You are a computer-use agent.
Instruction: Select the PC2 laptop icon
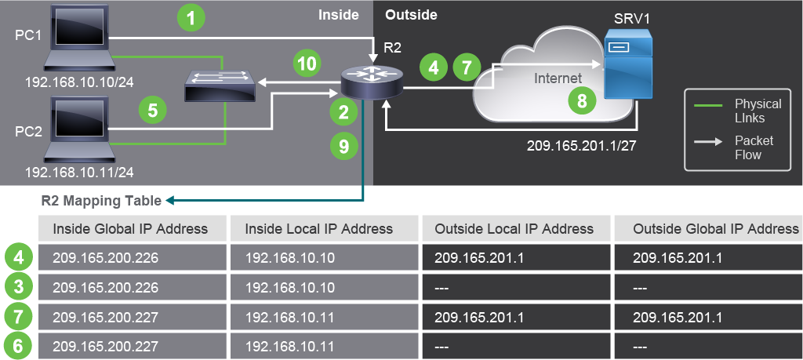coord(79,129)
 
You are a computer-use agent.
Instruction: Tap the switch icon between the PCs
coord(220,85)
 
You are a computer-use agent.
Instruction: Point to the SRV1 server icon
coord(628,63)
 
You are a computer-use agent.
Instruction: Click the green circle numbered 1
coord(191,19)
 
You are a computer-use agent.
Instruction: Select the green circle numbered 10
coord(307,64)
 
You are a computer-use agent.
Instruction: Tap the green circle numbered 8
coord(582,101)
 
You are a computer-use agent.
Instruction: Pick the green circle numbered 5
coord(153,110)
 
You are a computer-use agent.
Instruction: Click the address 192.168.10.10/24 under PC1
coord(79,82)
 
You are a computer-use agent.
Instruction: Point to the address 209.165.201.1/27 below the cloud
coord(581,145)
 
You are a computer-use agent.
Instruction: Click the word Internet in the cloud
coord(558,78)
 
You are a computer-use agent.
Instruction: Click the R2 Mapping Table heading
coord(101,201)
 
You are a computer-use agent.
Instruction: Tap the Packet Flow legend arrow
coord(708,142)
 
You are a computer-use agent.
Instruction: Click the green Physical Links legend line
coord(708,105)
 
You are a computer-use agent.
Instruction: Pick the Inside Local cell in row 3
coord(324,287)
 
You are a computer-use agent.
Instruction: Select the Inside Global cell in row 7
coord(132,317)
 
